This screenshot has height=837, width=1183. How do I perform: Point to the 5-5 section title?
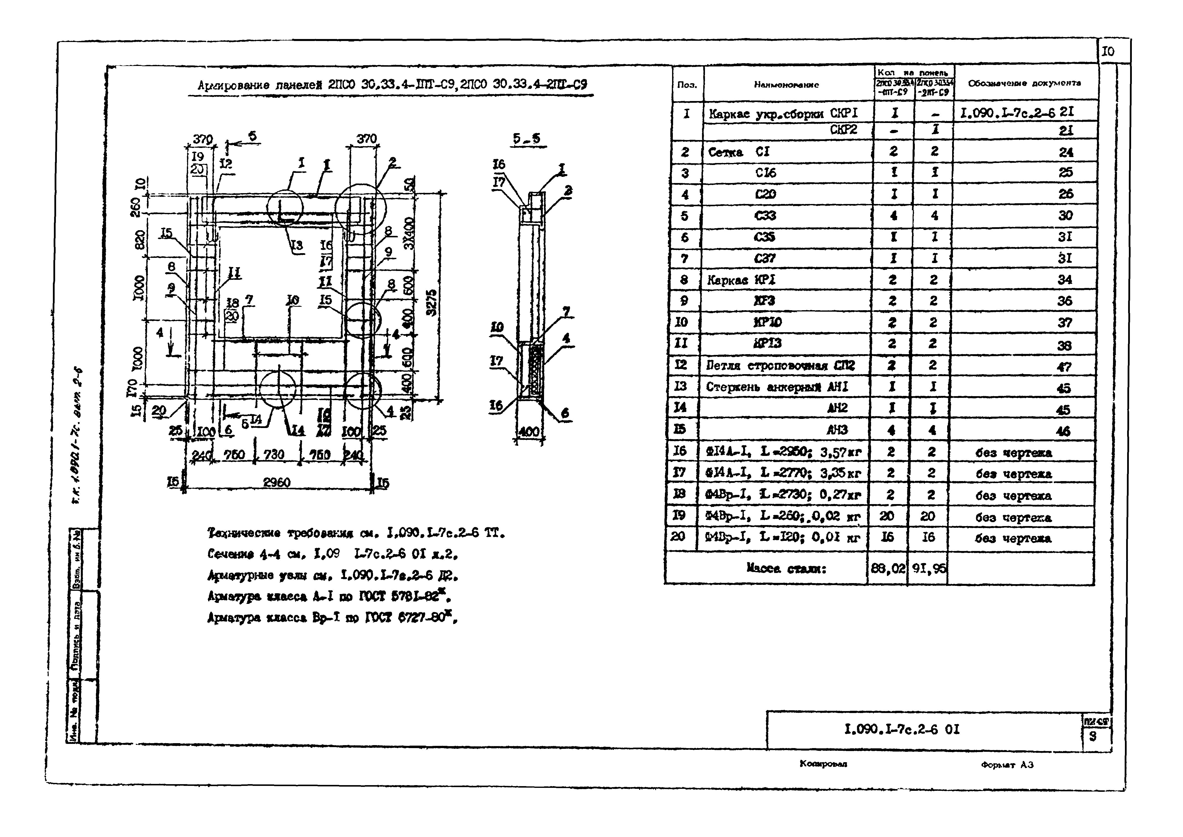pyautogui.click(x=526, y=139)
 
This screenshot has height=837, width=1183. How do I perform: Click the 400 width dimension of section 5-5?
pyautogui.click(x=528, y=432)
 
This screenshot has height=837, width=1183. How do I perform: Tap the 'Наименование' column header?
pyautogui.click(x=786, y=84)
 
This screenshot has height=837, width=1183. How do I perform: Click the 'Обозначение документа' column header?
pyautogui.click(x=1024, y=83)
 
